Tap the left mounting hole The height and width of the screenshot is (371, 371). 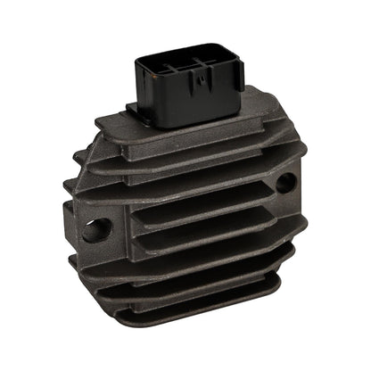tap(95, 229)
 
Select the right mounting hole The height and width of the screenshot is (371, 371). tap(284, 184)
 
